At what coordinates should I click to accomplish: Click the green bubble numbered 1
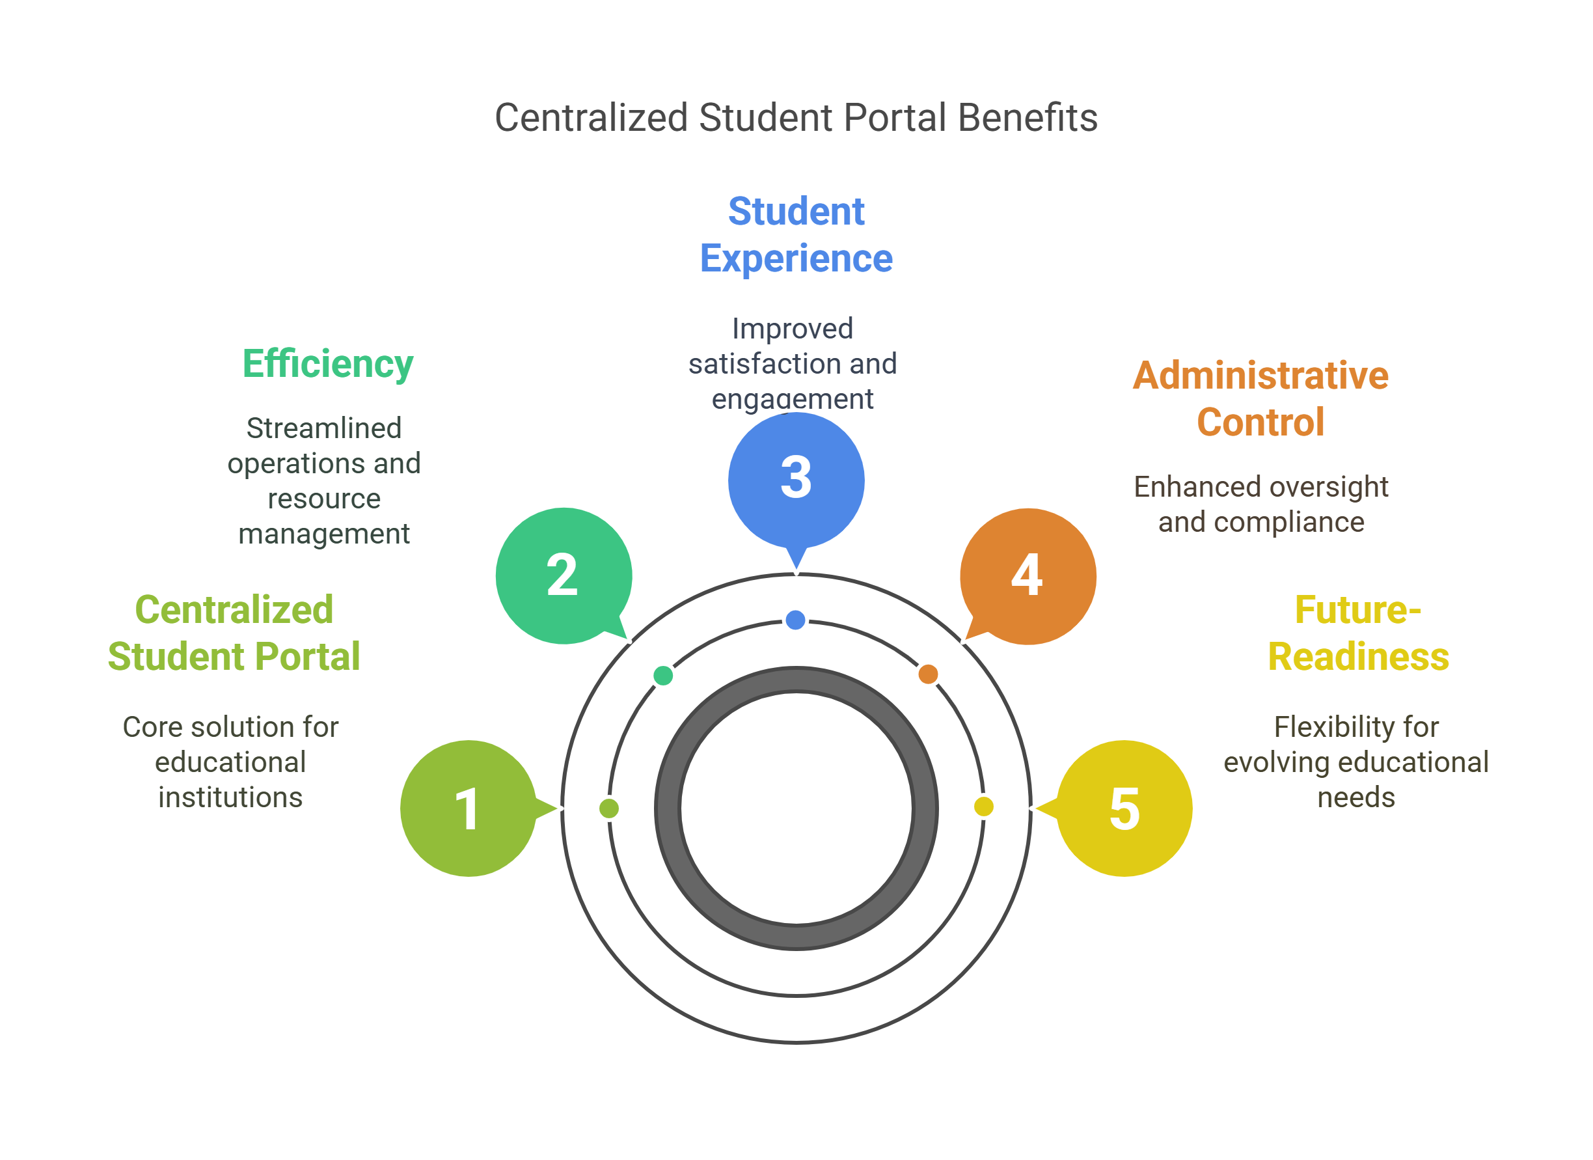469,808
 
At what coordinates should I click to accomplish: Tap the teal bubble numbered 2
563,575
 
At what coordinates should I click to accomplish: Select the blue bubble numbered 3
796,478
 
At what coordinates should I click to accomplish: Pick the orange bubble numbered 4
1028,575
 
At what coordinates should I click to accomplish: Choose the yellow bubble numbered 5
1124,808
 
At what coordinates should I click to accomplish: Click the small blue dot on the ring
795,620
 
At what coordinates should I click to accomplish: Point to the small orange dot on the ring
928,674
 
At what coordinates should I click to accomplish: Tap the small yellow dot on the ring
983,806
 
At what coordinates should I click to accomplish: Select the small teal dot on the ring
663,675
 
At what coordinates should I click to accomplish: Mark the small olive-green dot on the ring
609,808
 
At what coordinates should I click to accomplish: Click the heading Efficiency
327,364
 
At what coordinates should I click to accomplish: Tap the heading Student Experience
796,235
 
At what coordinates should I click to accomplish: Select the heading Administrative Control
1260,398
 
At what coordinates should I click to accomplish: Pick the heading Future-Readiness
1357,633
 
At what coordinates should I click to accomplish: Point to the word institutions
230,797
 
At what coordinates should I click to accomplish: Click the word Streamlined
324,428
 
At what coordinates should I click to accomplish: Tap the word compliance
1289,522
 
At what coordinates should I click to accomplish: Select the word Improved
793,328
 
